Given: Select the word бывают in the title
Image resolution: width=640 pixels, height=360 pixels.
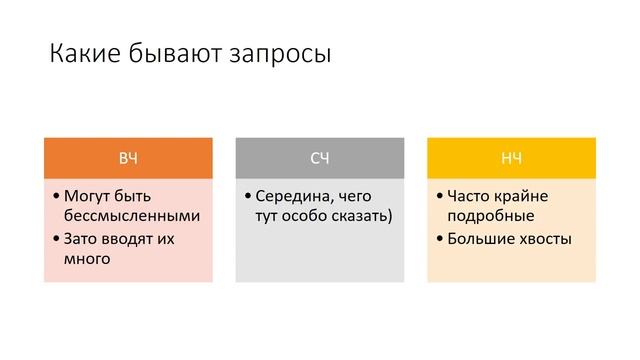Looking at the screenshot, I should (178, 53).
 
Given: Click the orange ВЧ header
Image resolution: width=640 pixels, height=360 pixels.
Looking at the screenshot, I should (128, 158).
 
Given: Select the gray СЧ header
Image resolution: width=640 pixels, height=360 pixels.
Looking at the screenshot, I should (320, 158).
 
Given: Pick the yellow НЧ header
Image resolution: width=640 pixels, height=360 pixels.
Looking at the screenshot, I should (511, 158).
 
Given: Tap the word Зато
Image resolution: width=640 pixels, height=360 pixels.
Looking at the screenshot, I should (81, 239).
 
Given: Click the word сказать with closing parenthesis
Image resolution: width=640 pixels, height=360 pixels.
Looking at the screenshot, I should (360, 215).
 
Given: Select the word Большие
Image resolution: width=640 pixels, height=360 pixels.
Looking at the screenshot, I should (483, 239).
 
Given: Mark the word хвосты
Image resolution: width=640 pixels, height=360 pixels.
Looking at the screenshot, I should (546, 239).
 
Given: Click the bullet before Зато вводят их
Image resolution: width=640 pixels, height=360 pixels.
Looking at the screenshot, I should (56, 239).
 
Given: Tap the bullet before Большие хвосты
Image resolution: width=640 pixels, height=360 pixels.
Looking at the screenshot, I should (440, 239).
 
